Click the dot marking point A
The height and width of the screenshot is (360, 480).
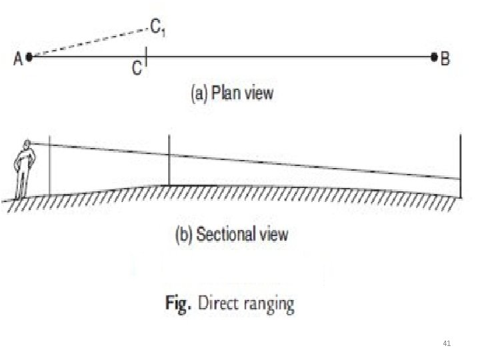pyautogui.click(x=30, y=57)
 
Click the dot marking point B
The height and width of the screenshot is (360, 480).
pyautogui.click(x=435, y=57)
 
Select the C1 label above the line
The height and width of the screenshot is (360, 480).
pyautogui.click(x=158, y=28)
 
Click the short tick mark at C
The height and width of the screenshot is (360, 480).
pyautogui.click(x=145, y=57)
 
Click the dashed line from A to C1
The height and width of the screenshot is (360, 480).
pyautogui.click(x=87, y=43)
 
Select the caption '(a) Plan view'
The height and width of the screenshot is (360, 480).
pyautogui.click(x=232, y=93)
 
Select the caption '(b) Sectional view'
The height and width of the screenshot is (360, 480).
pyautogui.click(x=231, y=234)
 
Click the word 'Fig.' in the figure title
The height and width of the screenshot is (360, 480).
pyautogui.click(x=177, y=305)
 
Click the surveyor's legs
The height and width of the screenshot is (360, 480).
pyautogui.click(x=23, y=180)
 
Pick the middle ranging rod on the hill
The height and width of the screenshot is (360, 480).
pyautogui.click(x=169, y=160)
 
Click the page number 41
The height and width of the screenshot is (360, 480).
pyautogui.click(x=447, y=343)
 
